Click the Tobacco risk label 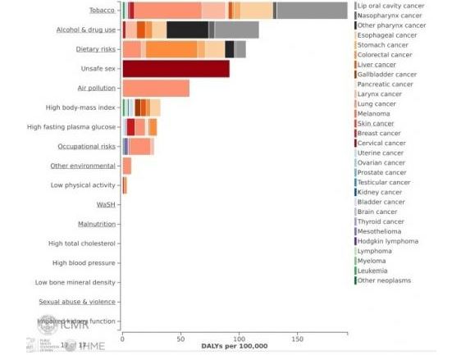pyautogui.click(x=102, y=10)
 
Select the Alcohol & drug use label pyautogui.click(x=85, y=30)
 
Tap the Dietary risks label pyautogui.click(x=94, y=49)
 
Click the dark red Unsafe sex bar pyautogui.click(x=176, y=69)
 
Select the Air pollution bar pyautogui.click(x=155, y=89)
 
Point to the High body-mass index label pyautogui.click(x=81, y=107)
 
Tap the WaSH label pyautogui.click(x=106, y=204)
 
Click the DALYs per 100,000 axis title pyautogui.click(x=234, y=345)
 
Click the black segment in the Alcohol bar pyautogui.click(x=187, y=30)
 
